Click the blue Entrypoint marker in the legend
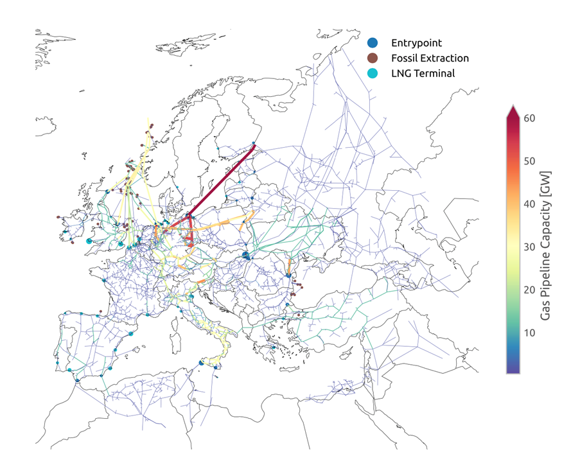click(x=372, y=43)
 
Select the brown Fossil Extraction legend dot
click(x=372, y=58)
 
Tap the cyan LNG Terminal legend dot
click(x=372, y=73)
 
